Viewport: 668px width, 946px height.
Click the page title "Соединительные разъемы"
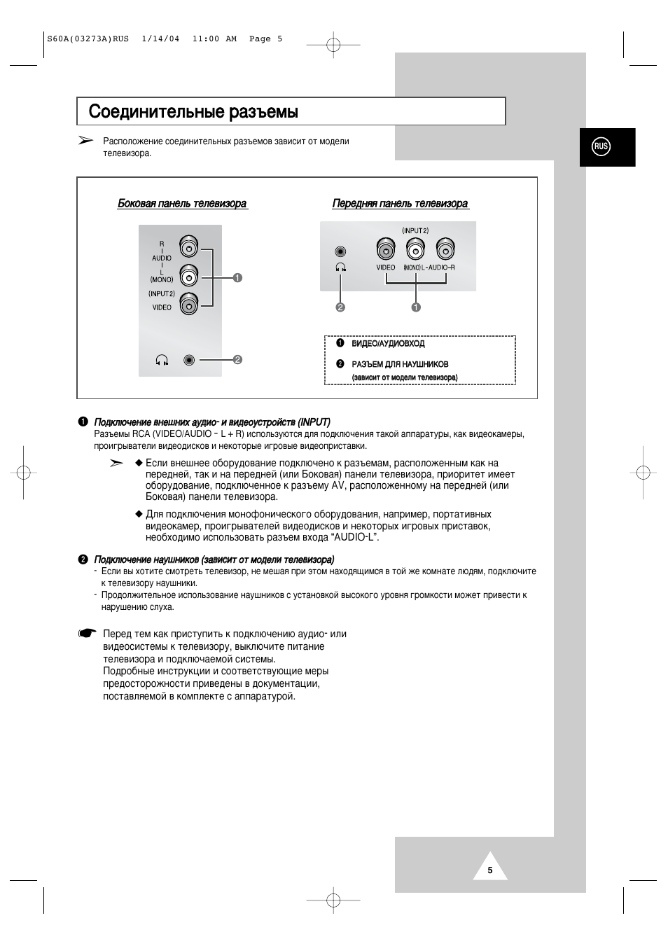(x=193, y=112)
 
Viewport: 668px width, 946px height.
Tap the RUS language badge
(x=601, y=146)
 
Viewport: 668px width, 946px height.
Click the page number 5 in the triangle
(x=490, y=870)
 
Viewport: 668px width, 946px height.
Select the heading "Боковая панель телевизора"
(x=182, y=204)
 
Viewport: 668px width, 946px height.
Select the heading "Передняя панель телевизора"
(x=400, y=204)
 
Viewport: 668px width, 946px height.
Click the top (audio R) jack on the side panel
(x=188, y=247)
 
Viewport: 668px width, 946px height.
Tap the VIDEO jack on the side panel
(x=188, y=304)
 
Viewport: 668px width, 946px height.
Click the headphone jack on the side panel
(x=188, y=360)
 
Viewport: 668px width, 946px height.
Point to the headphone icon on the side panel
(x=162, y=360)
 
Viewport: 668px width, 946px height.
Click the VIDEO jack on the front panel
(x=386, y=249)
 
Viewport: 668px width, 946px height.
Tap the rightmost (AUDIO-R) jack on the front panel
(x=445, y=249)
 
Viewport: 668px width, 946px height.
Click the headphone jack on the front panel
(x=340, y=251)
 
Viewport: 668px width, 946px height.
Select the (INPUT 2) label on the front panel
(x=415, y=230)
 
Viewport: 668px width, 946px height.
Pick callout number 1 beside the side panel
(x=237, y=278)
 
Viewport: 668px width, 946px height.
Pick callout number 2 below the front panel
(x=340, y=307)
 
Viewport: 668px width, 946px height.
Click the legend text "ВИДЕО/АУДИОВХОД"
(x=388, y=344)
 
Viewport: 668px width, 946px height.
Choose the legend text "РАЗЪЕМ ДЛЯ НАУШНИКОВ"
(x=400, y=364)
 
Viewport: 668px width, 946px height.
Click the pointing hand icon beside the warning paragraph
(x=87, y=634)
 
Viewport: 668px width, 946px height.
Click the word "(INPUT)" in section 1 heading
(x=314, y=422)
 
